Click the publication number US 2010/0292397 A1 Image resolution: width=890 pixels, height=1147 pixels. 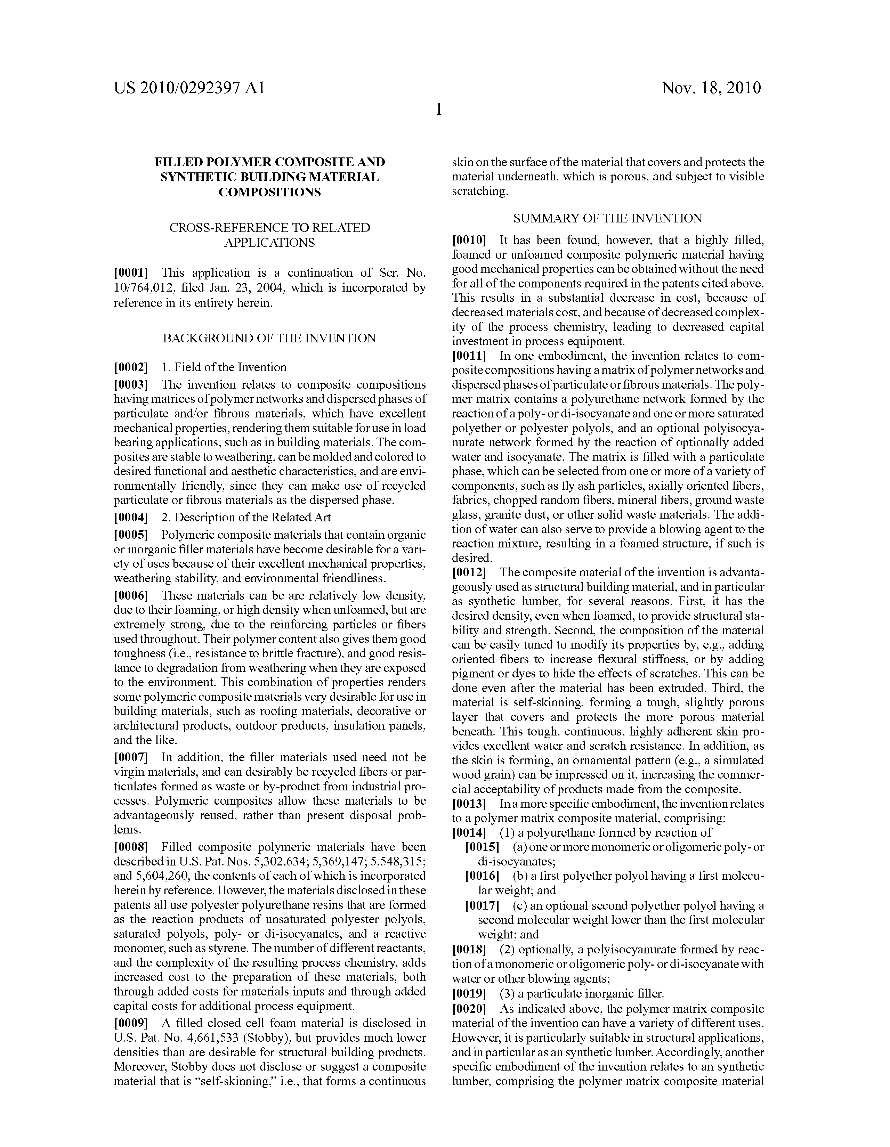click(x=189, y=88)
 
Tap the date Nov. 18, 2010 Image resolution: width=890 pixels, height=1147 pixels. click(x=711, y=88)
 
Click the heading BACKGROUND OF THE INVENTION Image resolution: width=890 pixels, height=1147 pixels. click(x=269, y=338)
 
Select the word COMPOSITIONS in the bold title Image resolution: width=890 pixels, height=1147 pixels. click(x=269, y=192)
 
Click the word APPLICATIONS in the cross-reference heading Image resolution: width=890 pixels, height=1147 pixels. click(x=269, y=243)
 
